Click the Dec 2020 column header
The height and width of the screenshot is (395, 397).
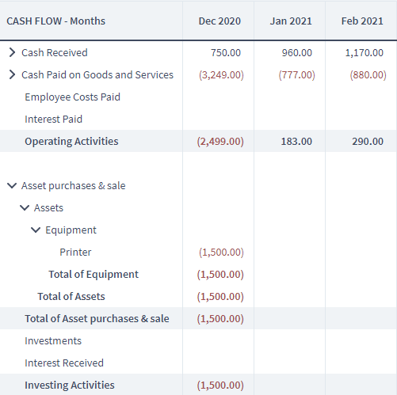click(x=219, y=21)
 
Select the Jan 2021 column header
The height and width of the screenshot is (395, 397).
click(x=291, y=21)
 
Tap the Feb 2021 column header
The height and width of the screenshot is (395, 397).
click(x=362, y=21)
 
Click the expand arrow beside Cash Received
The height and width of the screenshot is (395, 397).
click(x=12, y=52)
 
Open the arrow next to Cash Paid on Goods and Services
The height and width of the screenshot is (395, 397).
click(x=12, y=74)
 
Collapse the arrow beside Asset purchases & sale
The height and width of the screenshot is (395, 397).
click(x=12, y=186)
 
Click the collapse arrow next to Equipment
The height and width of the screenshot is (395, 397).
click(x=36, y=230)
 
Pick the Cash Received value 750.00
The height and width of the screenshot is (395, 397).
click(x=226, y=53)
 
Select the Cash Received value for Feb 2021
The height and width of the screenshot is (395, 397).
click(x=365, y=53)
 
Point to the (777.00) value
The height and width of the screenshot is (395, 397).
click(x=297, y=75)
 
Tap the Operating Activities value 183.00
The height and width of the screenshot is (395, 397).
click(x=296, y=142)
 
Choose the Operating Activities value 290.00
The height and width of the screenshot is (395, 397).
click(x=368, y=142)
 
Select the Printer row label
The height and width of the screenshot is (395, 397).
click(x=75, y=253)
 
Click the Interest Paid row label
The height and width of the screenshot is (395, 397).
click(x=54, y=120)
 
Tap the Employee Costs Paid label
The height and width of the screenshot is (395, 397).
click(x=73, y=97)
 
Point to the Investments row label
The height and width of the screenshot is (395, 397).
click(x=53, y=341)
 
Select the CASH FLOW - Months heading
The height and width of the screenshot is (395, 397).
click(x=56, y=21)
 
